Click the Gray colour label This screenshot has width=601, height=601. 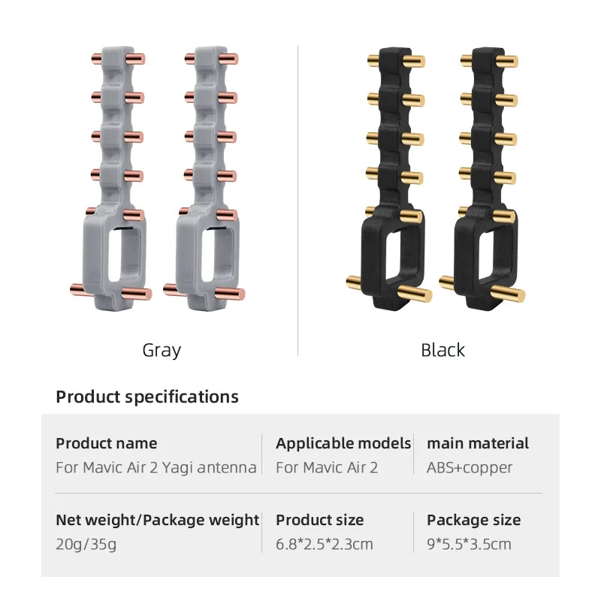162,351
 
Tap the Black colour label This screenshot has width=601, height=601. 442,350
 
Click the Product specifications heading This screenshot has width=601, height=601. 147,397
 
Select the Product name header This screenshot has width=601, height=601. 107,443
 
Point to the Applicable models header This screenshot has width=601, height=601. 343,443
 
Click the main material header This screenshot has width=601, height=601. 478,443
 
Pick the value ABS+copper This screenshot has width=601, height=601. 470,468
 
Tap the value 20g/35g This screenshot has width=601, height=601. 86,544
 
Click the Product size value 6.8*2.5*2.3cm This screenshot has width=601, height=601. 325,544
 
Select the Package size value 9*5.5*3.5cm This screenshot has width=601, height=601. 469,544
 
